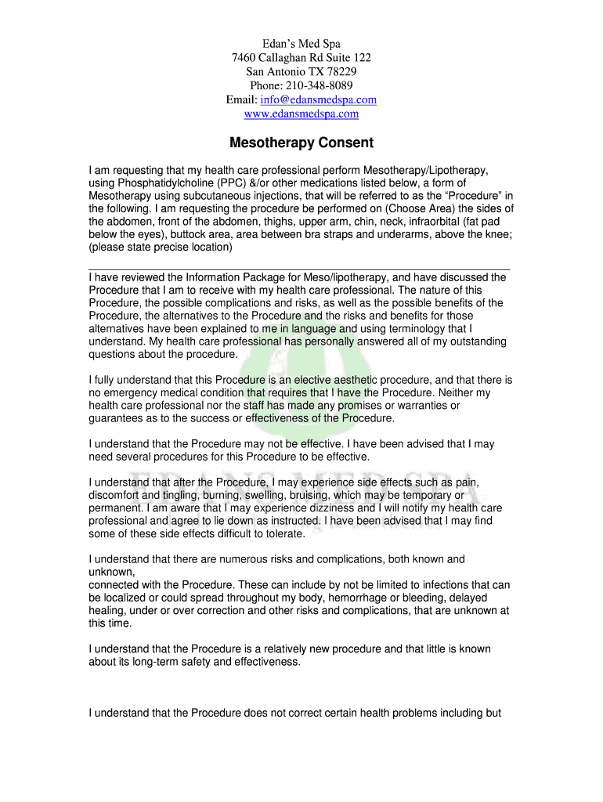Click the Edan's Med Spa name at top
(301, 44)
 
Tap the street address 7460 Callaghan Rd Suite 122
(301, 58)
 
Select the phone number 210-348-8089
(318, 85)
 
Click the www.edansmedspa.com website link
(301, 114)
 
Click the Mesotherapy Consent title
(301, 143)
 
